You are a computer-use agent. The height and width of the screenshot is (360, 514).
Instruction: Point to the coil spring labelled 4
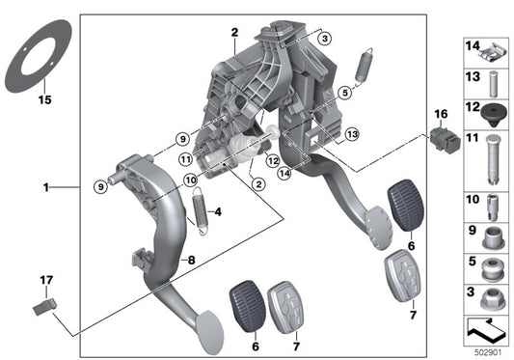click(202, 213)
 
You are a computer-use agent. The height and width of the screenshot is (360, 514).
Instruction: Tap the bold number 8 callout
click(190, 260)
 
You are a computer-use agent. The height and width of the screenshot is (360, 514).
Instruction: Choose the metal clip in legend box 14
click(488, 48)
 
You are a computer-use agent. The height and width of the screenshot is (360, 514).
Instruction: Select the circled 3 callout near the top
click(325, 38)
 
